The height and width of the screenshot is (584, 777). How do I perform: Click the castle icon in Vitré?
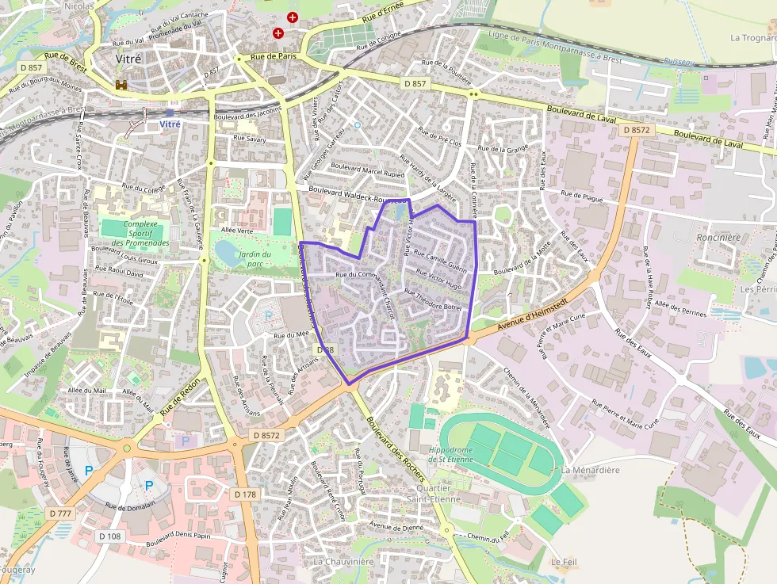(121, 84)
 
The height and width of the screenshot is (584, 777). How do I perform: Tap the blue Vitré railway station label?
(170, 124)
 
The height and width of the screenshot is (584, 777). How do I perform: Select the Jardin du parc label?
(255, 258)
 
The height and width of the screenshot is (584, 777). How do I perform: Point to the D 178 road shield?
(246, 494)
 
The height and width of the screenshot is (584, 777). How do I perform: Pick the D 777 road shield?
(60, 513)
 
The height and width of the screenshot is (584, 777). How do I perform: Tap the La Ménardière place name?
(590, 470)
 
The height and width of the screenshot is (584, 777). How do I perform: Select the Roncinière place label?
(717, 237)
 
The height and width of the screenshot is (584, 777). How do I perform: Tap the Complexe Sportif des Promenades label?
(136, 233)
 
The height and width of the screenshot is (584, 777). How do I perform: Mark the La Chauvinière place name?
(343, 562)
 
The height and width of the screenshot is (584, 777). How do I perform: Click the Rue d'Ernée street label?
(382, 13)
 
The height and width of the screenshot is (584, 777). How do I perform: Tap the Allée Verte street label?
(238, 230)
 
